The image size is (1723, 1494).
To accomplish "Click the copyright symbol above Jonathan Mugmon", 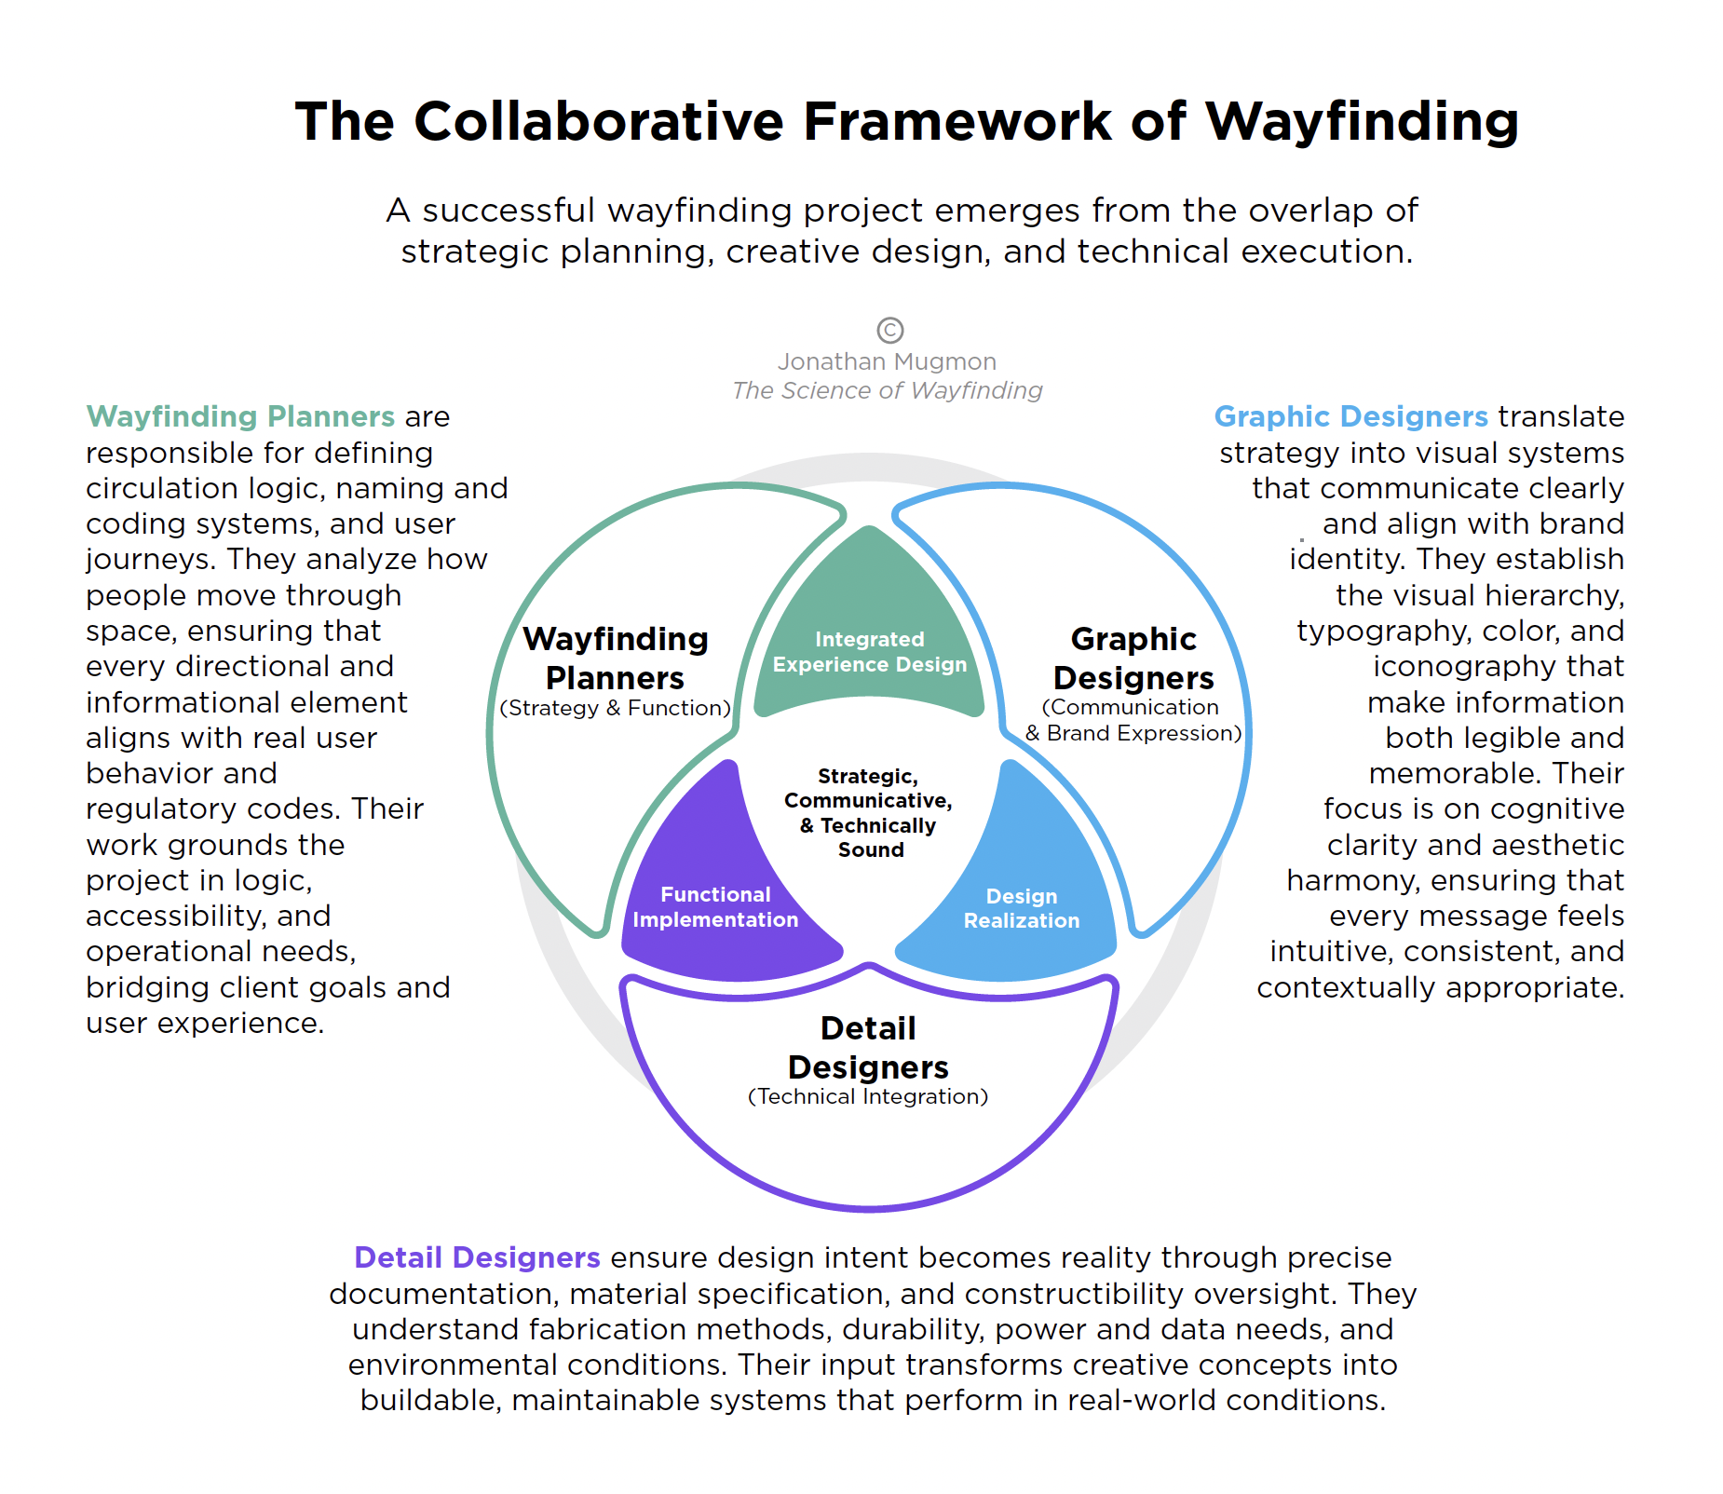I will pyautogui.click(x=890, y=330).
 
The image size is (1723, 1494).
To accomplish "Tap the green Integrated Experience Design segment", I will pyautogui.click(x=869, y=651).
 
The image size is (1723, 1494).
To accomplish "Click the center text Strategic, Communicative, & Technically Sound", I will pyautogui.click(x=869, y=812).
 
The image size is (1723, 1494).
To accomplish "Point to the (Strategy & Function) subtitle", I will pyautogui.click(x=615, y=708).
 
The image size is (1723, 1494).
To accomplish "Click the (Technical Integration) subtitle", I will pyautogui.click(x=868, y=1096).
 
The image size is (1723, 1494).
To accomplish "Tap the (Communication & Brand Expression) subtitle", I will pyautogui.click(x=1133, y=720).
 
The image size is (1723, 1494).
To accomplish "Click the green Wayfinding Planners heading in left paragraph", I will pyautogui.click(x=240, y=416).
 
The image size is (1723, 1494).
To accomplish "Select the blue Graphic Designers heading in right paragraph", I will pyautogui.click(x=1350, y=416).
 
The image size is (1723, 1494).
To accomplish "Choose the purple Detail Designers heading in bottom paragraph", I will pyautogui.click(x=477, y=1257).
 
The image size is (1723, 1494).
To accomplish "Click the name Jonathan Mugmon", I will pyautogui.click(x=887, y=361).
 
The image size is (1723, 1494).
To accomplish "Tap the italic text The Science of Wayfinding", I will pyautogui.click(x=887, y=390).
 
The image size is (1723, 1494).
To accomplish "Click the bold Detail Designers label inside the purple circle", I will pyautogui.click(x=868, y=1047).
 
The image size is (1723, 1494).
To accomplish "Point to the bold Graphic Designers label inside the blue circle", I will pyautogui.click(x=1133, y=658).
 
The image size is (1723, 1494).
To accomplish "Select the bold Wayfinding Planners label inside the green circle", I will pyautogui.click(x=615, y=658).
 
